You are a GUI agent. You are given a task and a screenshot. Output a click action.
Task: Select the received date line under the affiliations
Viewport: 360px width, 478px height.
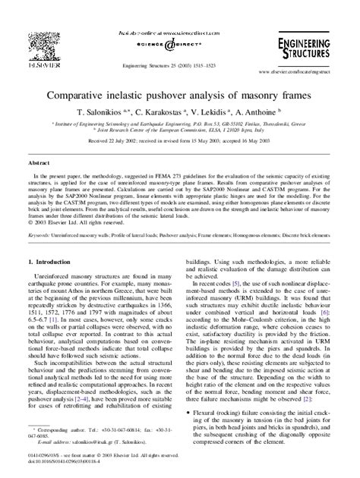(x=179, y=140)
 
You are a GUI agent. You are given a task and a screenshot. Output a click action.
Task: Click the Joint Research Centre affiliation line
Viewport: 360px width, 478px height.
(x=180, y=131)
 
